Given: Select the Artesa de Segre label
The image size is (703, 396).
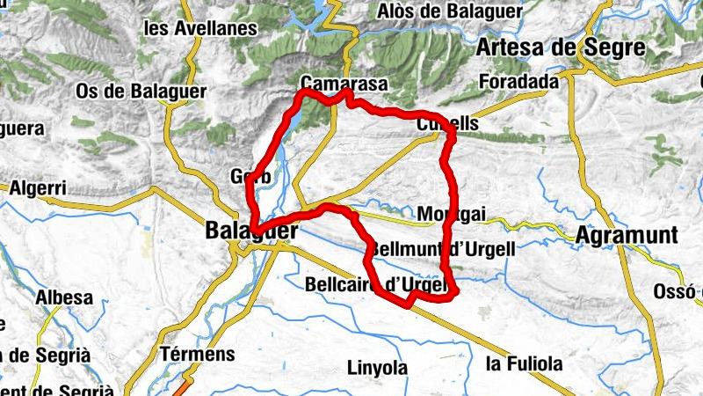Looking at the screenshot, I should pyautogui.click(x=561, y=48).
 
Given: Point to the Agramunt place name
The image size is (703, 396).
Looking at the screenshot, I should pyautogui.click(x=627, y=235).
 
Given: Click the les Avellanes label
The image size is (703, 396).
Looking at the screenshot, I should pyautogui.click(x=200, y=28).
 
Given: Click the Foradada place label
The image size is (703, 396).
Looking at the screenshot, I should pyautogui.click(x=520, y=82).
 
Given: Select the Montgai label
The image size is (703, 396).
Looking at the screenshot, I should pyautogui.click(x=453, y=215).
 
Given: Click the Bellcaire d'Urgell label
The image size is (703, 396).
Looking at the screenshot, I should pyautogui.click(x=378, y=284).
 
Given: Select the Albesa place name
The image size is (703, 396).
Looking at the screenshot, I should pyautogui.click(x=64, y=297).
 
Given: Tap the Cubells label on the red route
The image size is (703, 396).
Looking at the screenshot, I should pyautogui.click(x=448, y=124).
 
